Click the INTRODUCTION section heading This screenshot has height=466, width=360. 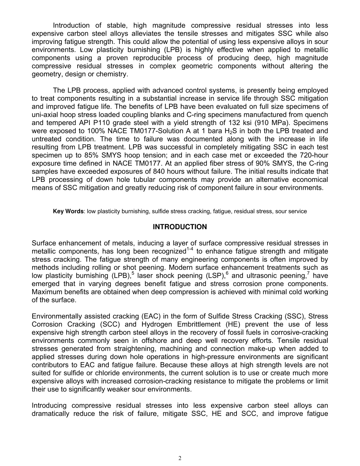[180, 227]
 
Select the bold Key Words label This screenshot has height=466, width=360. [69, 211]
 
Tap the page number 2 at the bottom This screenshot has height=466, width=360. [180, 458]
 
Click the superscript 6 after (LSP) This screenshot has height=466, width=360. [227, 273]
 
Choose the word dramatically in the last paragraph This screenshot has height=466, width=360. [50, 414]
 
